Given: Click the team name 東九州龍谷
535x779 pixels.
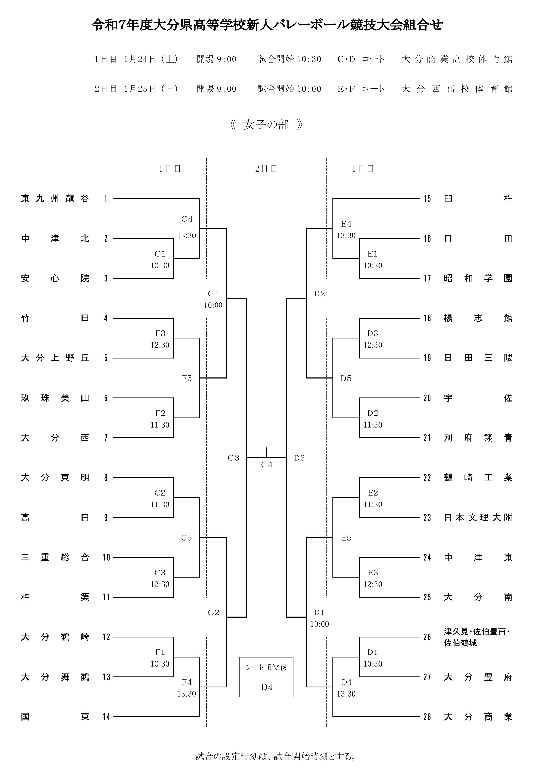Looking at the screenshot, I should [x=55, y=198].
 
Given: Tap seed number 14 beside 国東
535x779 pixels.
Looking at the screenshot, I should [x=106, y=717].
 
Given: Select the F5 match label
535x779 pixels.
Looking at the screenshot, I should [x=187, y=379].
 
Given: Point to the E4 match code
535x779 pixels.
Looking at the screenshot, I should [x=346, y=223].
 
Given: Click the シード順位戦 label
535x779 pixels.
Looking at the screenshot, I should [x=266, y=667].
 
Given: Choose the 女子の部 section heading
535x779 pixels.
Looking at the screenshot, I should [x=266, y=125].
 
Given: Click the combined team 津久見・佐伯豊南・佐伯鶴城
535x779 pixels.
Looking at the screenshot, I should [x=477, y=637].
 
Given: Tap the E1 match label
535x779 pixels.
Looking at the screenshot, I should [x=373, y=254].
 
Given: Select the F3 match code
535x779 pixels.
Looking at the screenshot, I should [x=160, y=333].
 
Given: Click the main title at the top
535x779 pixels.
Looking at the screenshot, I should [x=267, y=25].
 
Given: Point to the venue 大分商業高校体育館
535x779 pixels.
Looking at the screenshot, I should [x=457, y=59].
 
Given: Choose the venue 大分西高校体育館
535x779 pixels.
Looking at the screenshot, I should [x=457, y=89].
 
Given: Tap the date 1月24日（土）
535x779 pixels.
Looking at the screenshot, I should [x=151, y=59].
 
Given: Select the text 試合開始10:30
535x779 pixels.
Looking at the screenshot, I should [x=289, y=59].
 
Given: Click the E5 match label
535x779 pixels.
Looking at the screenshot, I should [x=346, y=538].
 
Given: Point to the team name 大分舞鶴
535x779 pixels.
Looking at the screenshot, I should [x=55, y=677].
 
